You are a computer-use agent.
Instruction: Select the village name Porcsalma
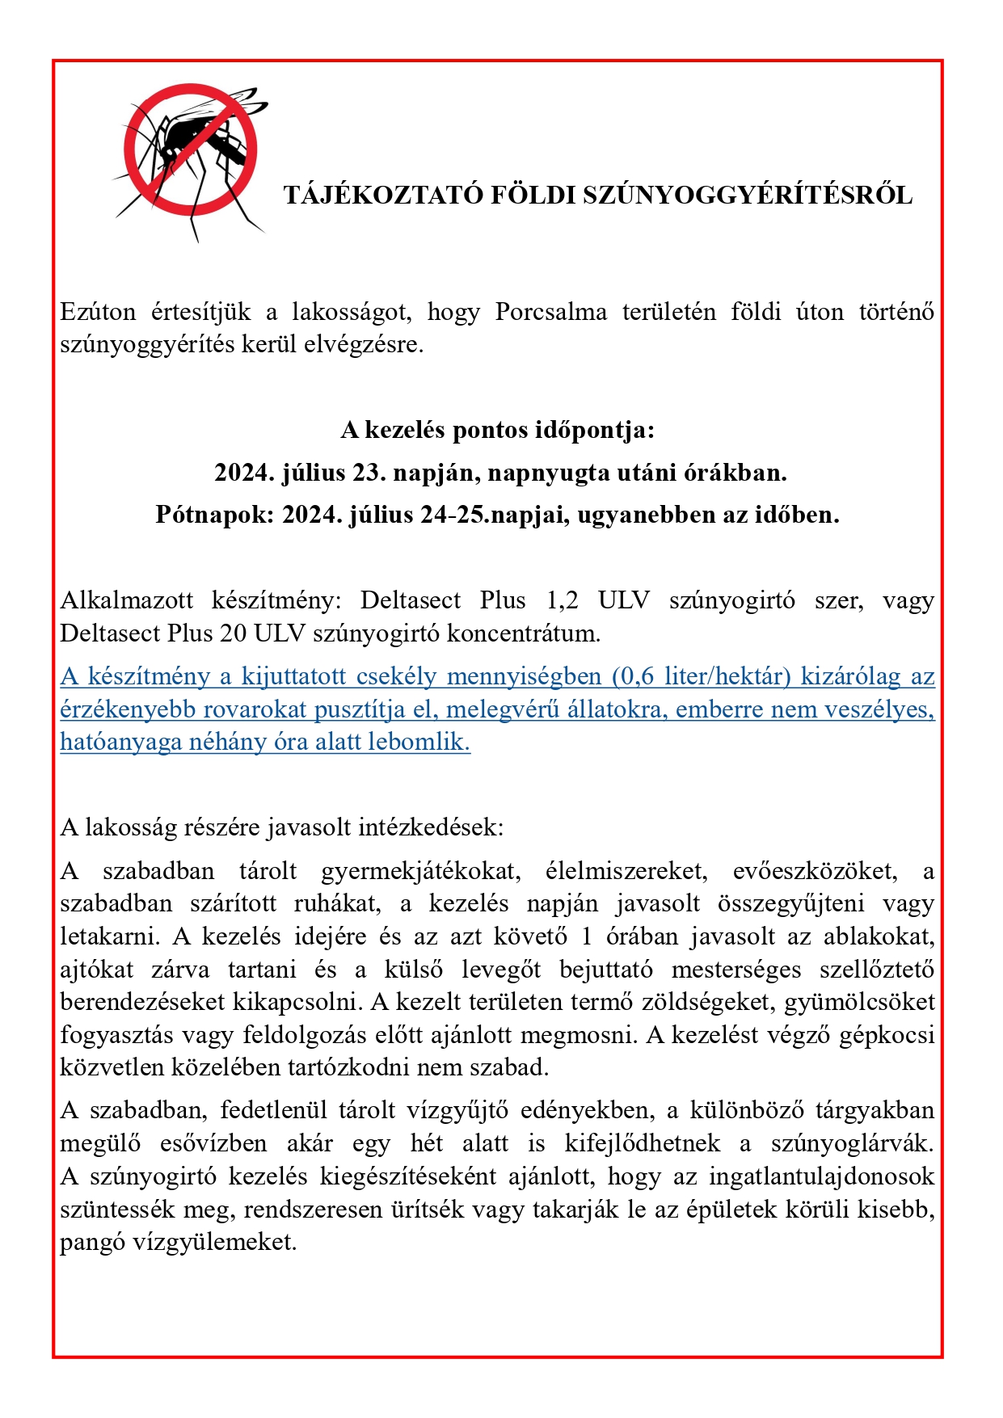click(550, 312)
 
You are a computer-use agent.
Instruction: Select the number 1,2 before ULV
click(563, 601)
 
